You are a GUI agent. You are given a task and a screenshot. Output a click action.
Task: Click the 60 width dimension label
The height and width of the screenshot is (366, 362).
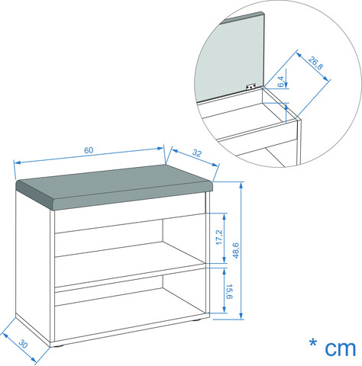89,150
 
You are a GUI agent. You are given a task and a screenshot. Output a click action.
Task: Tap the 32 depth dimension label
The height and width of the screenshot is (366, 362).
197,153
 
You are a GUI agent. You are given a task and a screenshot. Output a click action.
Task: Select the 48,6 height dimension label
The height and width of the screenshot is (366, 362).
236,250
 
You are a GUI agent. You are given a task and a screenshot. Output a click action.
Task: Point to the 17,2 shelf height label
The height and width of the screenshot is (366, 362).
219,237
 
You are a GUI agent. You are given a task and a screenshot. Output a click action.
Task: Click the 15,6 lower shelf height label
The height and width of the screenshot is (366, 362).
229,291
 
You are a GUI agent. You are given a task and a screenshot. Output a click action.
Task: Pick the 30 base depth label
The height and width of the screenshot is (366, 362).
23,344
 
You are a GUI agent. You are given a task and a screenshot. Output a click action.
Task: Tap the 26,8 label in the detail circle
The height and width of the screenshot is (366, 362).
315,63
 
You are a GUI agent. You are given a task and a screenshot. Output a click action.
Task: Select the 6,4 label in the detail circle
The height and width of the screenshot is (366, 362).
280,82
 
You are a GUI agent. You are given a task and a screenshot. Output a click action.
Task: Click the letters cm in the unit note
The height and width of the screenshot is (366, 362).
340,348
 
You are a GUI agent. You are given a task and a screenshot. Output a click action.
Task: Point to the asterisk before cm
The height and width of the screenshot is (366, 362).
313,343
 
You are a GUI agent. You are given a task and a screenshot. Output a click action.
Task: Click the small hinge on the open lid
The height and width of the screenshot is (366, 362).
250,87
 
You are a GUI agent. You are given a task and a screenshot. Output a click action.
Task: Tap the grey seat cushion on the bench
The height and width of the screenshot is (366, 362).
114,187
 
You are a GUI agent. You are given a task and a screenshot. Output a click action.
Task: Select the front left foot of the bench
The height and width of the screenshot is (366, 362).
57,346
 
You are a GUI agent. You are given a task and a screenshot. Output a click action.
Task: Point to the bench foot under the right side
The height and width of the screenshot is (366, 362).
196,319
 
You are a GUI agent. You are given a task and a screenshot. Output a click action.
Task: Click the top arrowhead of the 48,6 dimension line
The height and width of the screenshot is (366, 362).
241,185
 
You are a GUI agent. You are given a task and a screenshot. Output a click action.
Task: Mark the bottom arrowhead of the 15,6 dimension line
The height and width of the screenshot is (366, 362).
224,310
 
